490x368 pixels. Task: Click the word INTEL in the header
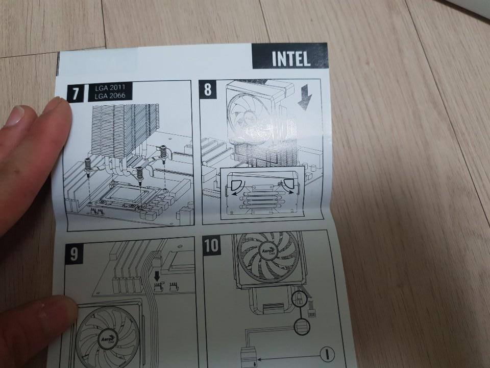click(x=291, y=59)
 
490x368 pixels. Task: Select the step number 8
click(x=208, y=89)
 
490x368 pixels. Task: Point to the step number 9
click(x=74, y=254)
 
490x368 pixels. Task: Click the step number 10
click(x=211, y=246)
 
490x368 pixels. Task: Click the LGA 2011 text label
click(x=110, y=87)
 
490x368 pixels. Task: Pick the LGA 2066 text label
click(x=110, y=96)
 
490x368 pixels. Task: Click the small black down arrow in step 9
click(x=157, y=275)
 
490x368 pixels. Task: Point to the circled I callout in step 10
click(x=327, y=355)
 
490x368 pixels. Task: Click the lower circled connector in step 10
click(x=301, y=327)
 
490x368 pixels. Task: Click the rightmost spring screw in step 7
click(x=163, y=154)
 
